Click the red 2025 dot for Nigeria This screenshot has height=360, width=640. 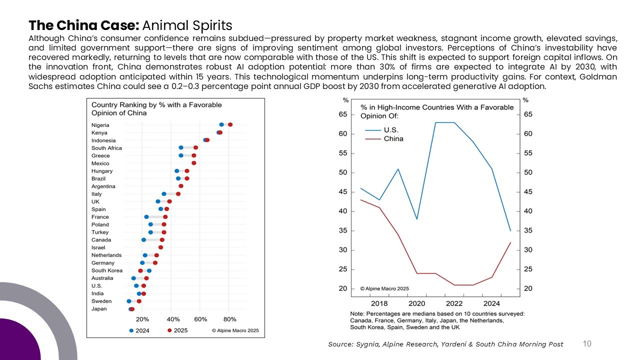[230, 125]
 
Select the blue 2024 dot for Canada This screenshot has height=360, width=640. [144, 240]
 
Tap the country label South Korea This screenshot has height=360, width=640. [106, 270]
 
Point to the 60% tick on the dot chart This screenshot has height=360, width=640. [200, 319]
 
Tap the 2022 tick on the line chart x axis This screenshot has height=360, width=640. [454, 303]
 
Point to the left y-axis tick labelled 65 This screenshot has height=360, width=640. [343, 114]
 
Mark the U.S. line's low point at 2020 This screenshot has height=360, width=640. [417, 219]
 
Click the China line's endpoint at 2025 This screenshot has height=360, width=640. [510, 242]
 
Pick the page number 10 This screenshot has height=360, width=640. [587, 343]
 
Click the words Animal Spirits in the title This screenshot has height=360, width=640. [187, 25]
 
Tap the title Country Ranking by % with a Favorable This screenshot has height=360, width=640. [156, 105]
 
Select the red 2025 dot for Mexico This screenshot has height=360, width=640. [194, 163]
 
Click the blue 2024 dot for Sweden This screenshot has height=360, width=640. [129, 301]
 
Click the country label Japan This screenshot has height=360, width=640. [99, 309]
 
